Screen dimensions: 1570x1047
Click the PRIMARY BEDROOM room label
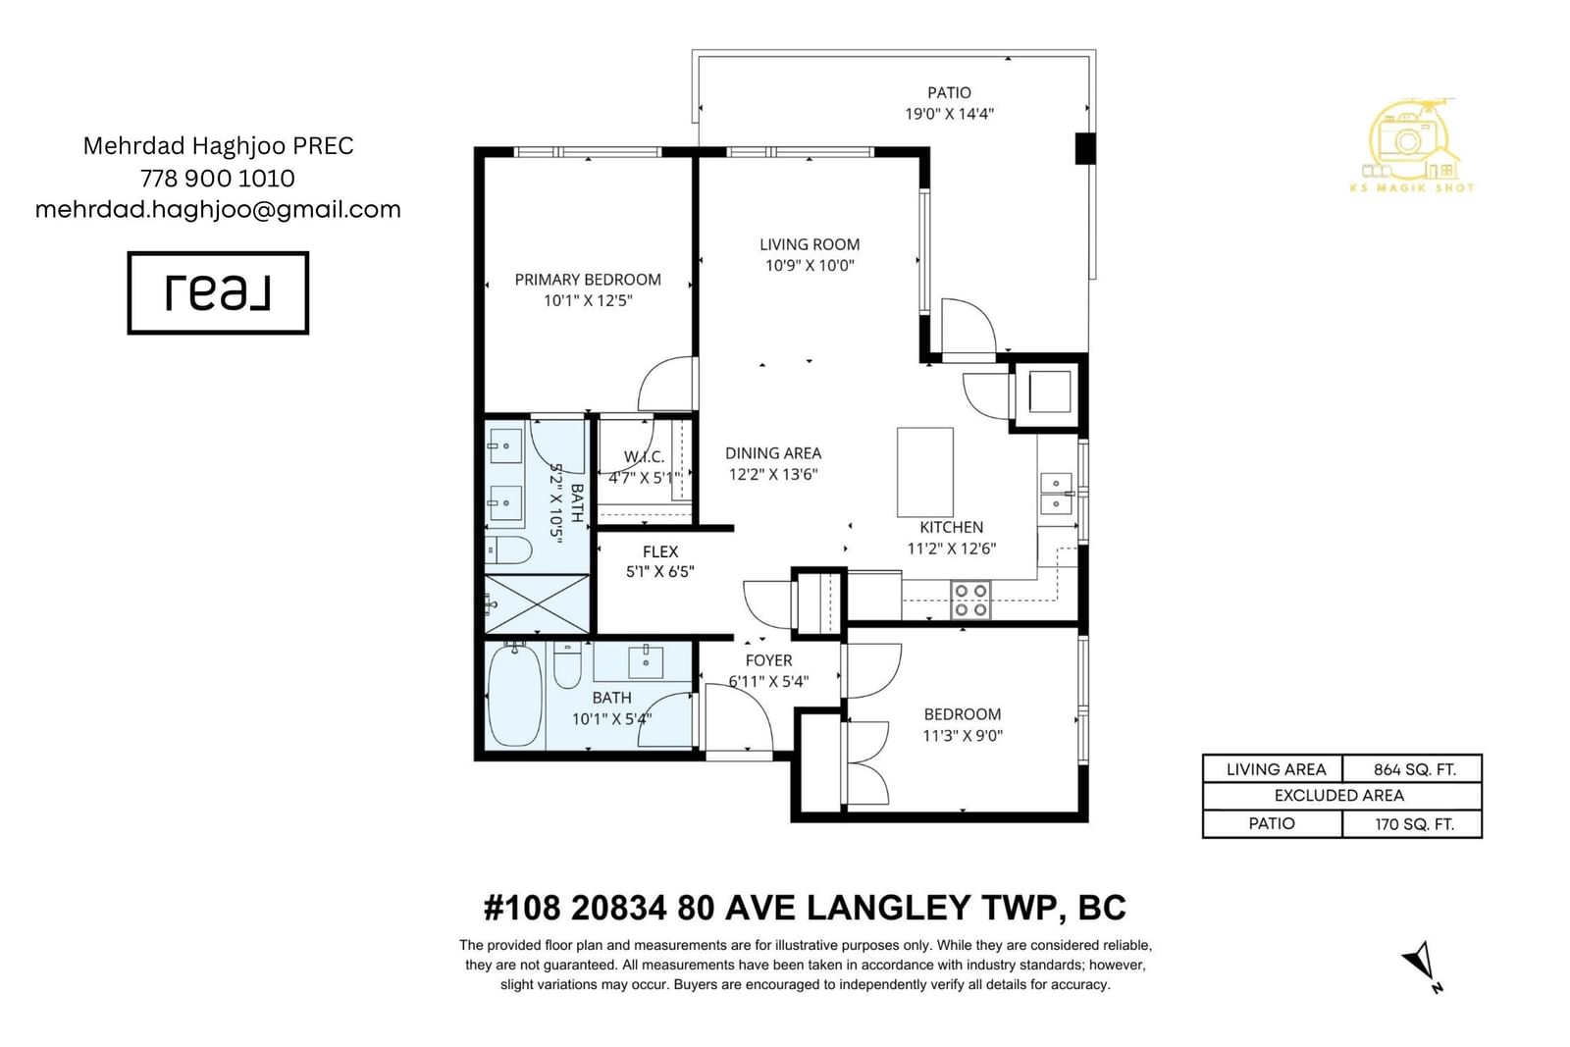click(588, 280)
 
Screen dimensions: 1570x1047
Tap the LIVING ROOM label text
click(810, 244)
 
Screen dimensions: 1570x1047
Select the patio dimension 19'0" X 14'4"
click(949, 114)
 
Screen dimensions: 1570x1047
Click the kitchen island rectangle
click(925, 472)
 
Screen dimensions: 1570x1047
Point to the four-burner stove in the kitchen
click(970, 601)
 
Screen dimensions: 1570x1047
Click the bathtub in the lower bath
click(515, 696)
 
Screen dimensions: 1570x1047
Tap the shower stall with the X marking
click(537, 604)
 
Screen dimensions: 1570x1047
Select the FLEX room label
click(660, 551)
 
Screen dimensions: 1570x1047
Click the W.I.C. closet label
click(644, 457)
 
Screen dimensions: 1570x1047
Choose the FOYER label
click(769, 660)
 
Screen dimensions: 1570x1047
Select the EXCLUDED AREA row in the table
click(1342, 796)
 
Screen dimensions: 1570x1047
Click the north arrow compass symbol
click(1423, 967)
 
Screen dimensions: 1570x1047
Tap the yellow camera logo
click(1412, 146)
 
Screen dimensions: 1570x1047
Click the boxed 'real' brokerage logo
click(218, 293)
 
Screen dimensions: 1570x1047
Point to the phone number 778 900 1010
click(217, 179)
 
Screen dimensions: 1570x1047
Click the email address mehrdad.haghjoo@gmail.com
click(218, 210)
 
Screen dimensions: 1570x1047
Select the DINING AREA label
click(773, 453)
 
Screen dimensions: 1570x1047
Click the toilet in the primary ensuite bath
click(509, 550)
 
